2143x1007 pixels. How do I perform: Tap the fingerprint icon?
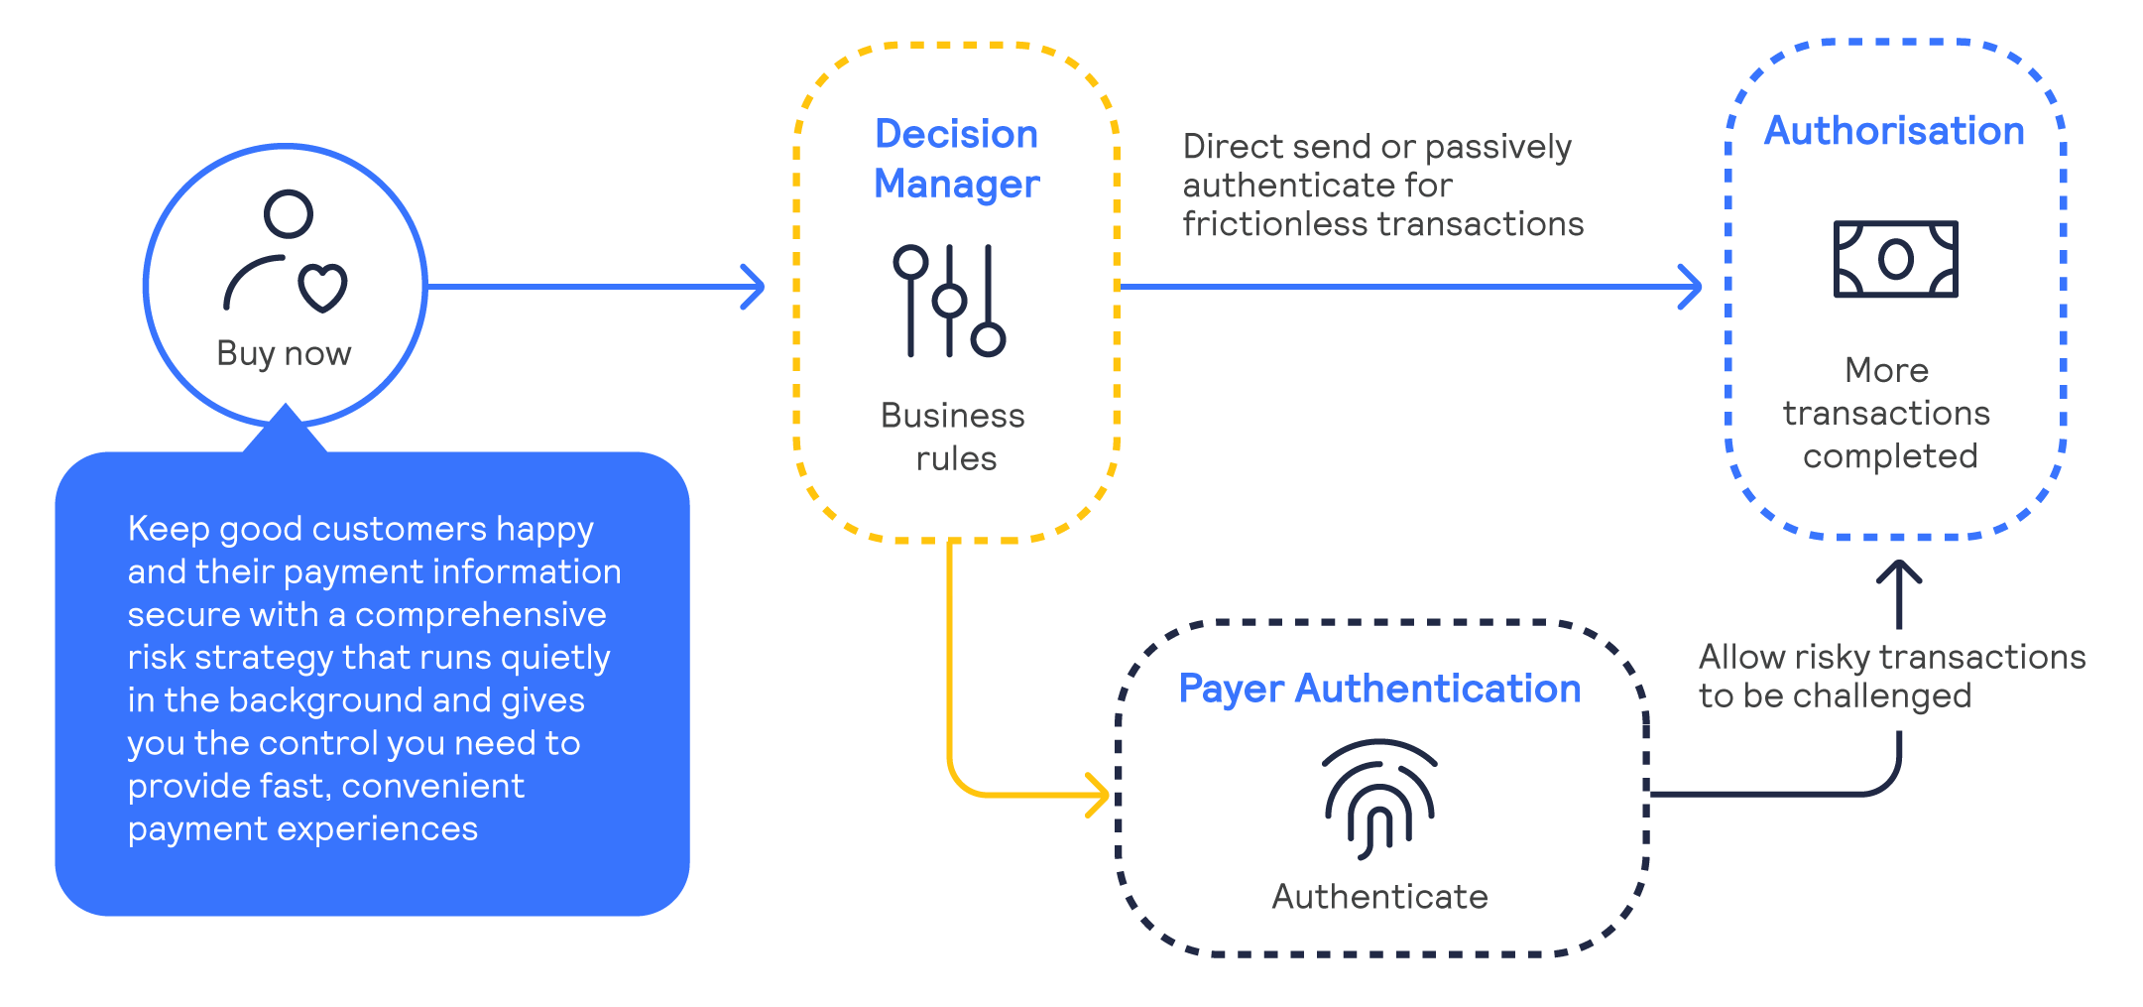pyautogui.click(x=1378, y=799)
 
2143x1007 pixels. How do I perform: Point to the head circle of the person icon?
pyautogui.click(x=289, y=213)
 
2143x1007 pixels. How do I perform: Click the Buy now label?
pyautogui.click(x=284, y=353)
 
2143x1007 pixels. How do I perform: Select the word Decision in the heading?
pyautogui.click(x=956, y=134)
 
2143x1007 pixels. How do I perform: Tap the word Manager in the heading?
pyautogui.click(x=956, y=185)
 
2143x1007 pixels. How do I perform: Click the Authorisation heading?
pyautogui.click(x=1893, y=131)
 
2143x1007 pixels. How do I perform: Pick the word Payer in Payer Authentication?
pyautogui.click(x=1231, y=690)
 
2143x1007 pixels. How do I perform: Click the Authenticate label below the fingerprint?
pyautogui.click(x=1379, y=897)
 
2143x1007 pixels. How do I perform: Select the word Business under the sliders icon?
pyautogui.click(x=952, y=416)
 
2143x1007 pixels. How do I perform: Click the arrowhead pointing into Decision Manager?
pyautogui.click(x=757, y=287)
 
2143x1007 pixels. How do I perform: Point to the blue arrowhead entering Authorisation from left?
pyautogui.click(x=1694, y=287)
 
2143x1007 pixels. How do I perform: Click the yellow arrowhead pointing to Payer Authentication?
pyautogui.click(x=1101, y=796)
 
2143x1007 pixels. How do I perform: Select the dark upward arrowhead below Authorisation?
pyautogui.click(x=1899, y=571)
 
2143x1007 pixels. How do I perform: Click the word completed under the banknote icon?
pyautogui.click(x=1889, y=456)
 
